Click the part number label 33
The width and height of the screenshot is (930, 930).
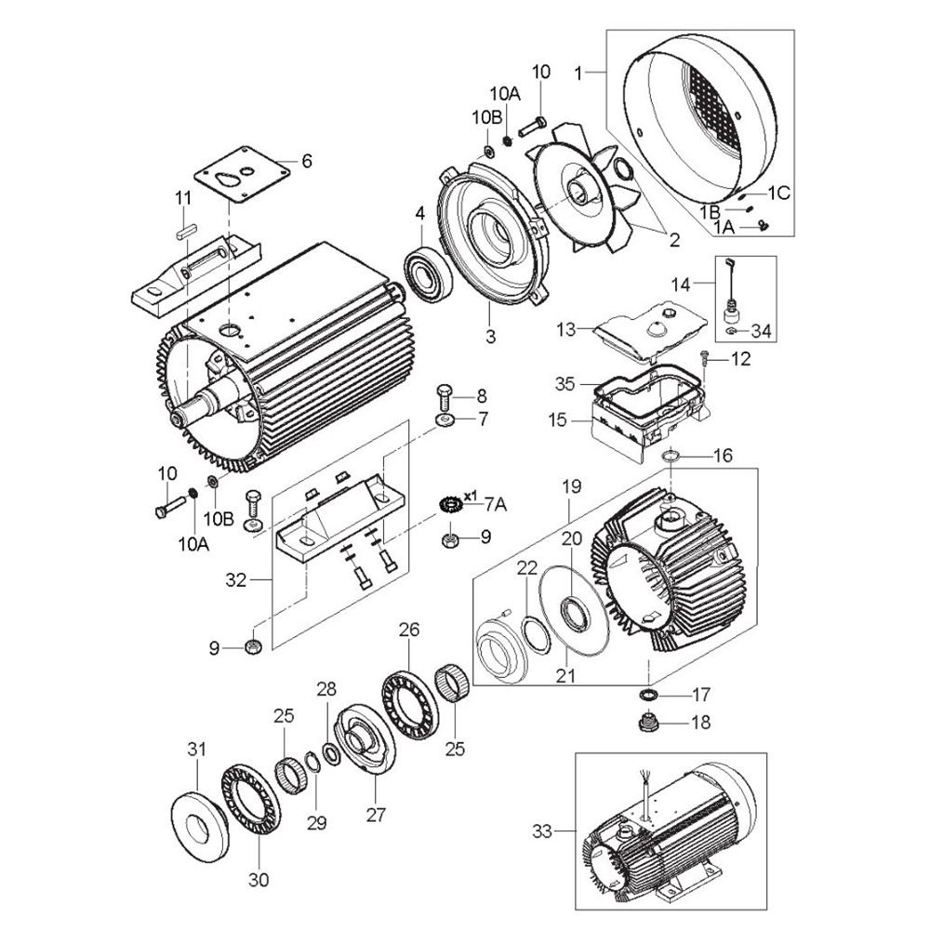(542, 830)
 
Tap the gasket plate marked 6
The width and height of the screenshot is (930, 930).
(243, 175)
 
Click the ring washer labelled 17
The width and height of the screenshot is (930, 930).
(649, 694)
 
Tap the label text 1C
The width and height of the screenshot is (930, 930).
(779, 193)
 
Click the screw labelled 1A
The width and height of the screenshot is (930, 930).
(763, 225)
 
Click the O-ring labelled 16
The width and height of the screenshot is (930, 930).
(671, 456)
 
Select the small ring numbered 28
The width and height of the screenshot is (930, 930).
(330, 752)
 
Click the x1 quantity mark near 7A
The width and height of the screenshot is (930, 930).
(471, 495)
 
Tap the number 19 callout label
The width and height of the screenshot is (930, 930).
(571, 487)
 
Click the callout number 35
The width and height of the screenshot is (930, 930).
(565, 384)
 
